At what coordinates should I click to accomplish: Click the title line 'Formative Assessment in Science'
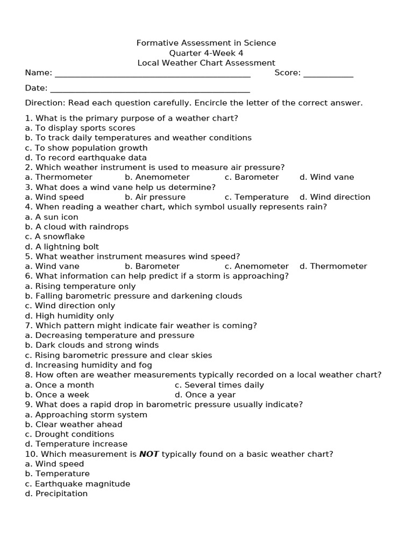pyautogui.click(x=206, y=43)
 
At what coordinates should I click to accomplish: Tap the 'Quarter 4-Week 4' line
pyautogui.click(x=206, y=53)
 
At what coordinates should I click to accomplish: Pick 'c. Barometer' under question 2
pyautogui.click(x=252, y=177)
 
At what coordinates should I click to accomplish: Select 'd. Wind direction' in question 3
pyautogui.click(x=334, y=197)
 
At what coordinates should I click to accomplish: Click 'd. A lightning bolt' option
pyautogui.click(x=62, y=246)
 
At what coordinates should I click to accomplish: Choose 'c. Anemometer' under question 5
pyautogui.click(x=257, y=266)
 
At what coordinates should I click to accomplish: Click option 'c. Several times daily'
pyautogui.click(x=219, y=385)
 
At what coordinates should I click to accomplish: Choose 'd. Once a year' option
pyautogui.click(x=205, y=394)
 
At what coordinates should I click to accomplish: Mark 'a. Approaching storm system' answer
pyautogui.click(x=86, y=414)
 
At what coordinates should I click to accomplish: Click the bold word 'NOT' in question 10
pyautogui.click(x=149, y=454)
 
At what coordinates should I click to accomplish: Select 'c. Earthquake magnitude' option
pyautogui.click(x=77, y=483)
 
